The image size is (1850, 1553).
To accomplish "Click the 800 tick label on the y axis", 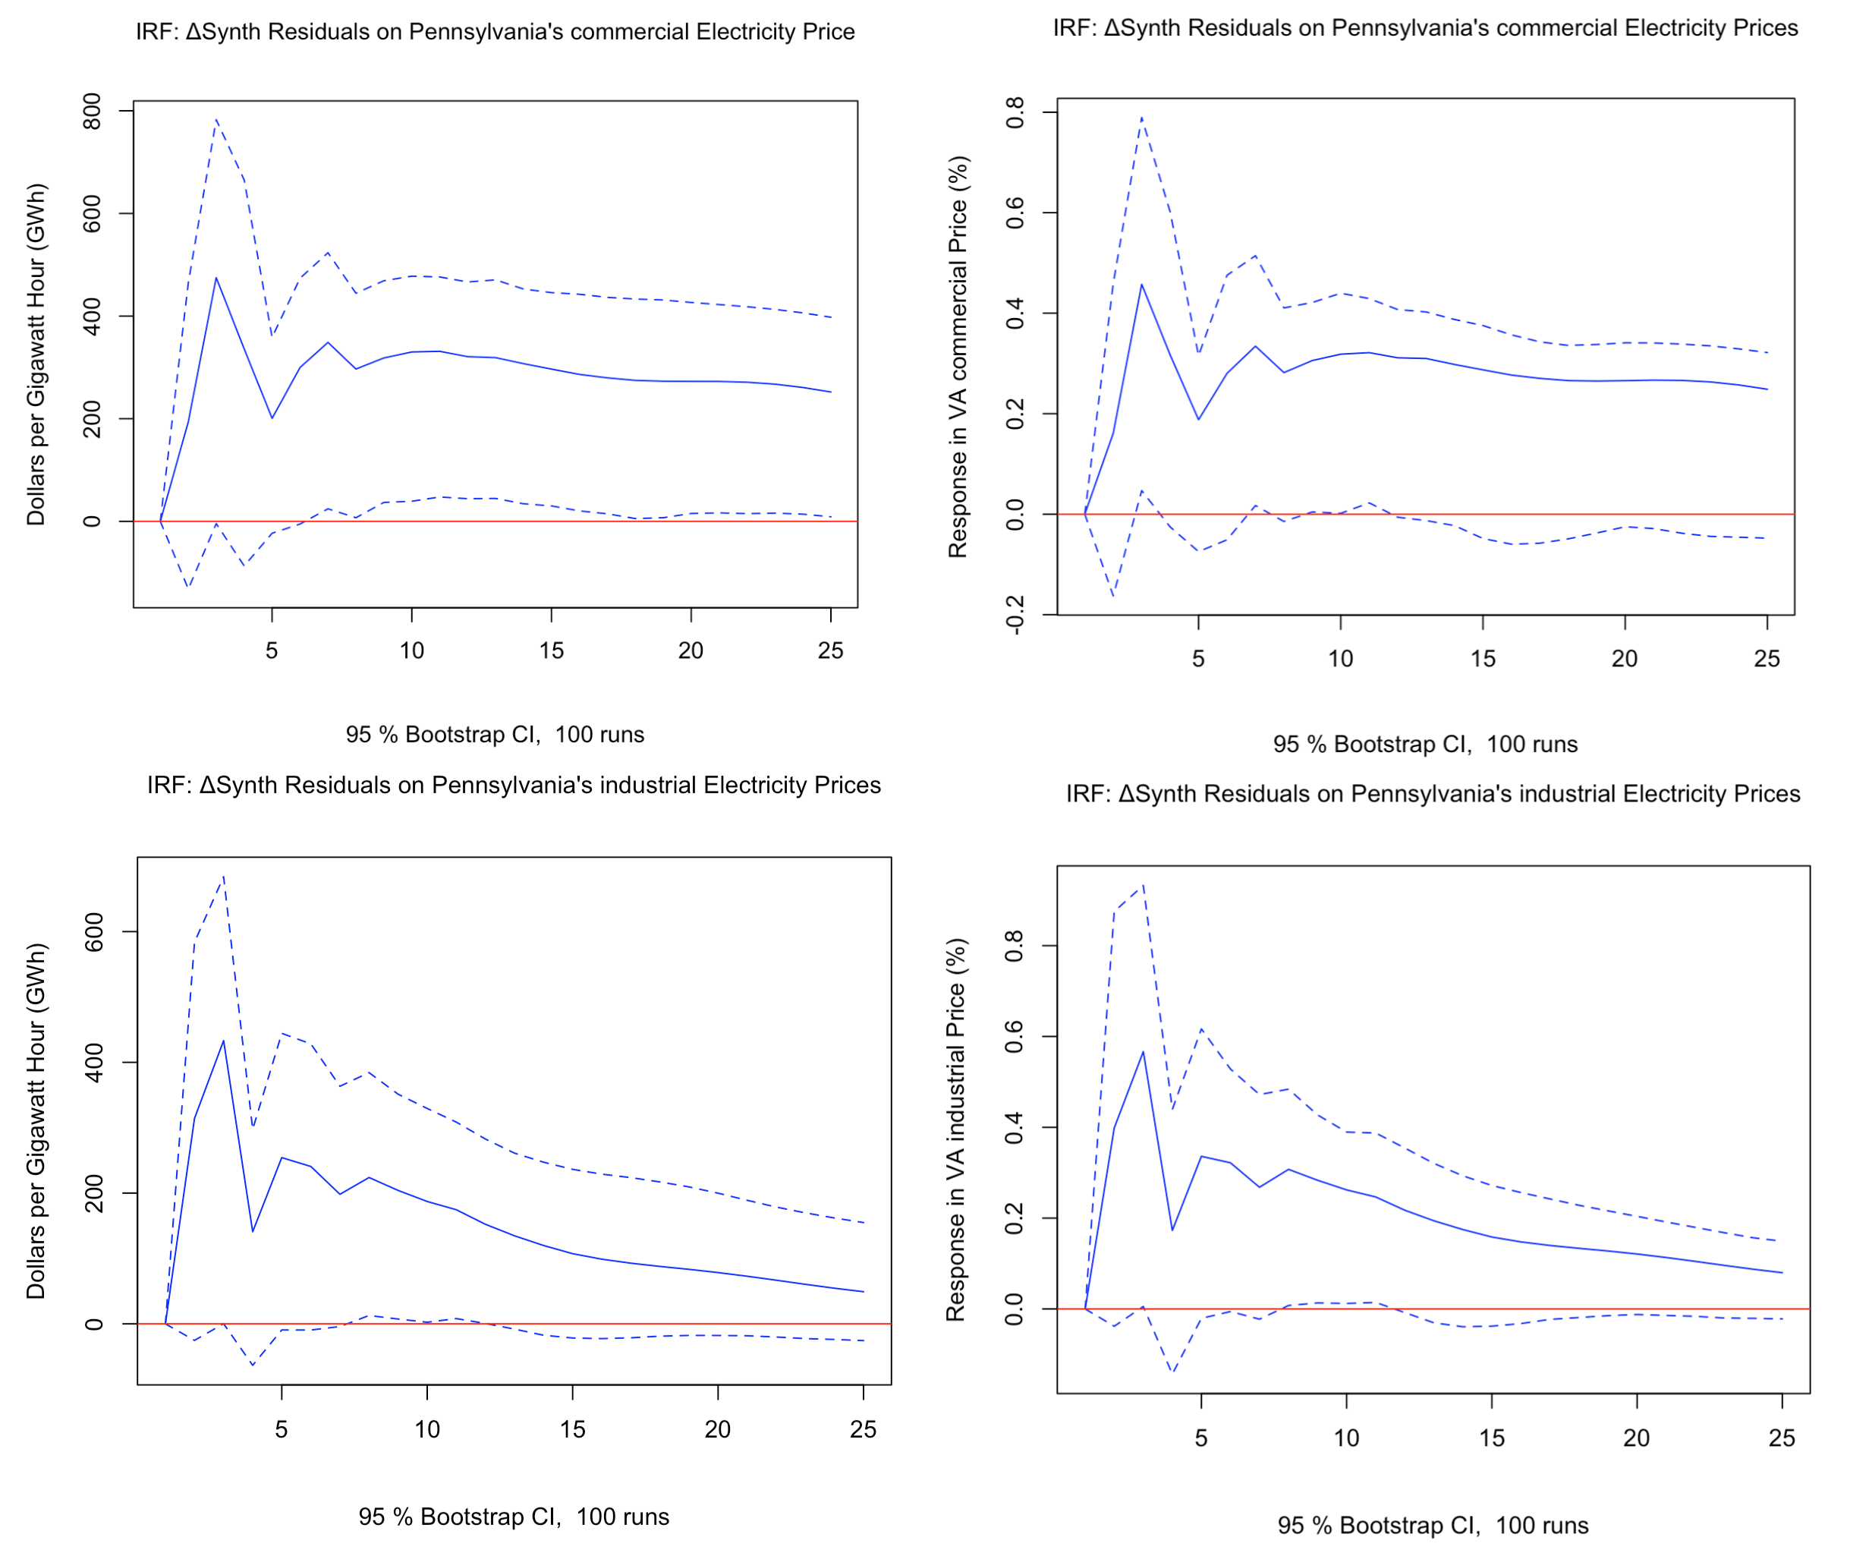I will click(92, 112).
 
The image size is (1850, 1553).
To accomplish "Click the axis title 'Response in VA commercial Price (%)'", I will click(958, 357).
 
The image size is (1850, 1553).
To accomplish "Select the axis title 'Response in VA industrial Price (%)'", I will click(957, 1130).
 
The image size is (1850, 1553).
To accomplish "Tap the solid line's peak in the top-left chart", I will click(216, 278).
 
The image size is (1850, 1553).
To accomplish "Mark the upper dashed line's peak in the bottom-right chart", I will click(1143, 885).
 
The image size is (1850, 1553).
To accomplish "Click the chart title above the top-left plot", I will click(495, 32).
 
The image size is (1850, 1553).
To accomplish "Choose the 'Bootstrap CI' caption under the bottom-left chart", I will click(514, 1517).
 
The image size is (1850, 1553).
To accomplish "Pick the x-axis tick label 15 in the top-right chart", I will click(1483, 658).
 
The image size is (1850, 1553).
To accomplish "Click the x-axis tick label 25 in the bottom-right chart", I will click(1781, 1438).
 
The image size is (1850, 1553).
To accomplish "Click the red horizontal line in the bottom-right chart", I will click(1498, 1309).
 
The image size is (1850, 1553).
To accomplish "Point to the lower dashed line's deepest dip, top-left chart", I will click(188, 587).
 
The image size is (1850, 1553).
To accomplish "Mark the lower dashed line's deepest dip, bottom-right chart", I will click(1172, 1372).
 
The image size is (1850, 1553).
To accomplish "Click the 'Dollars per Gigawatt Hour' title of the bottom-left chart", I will click(35, 1121).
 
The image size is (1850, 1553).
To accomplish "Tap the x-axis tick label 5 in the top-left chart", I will click(272, 650).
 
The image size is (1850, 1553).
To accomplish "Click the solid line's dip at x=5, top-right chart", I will click(1198, 419).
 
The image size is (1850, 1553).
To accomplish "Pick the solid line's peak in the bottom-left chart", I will click(223, 1041).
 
